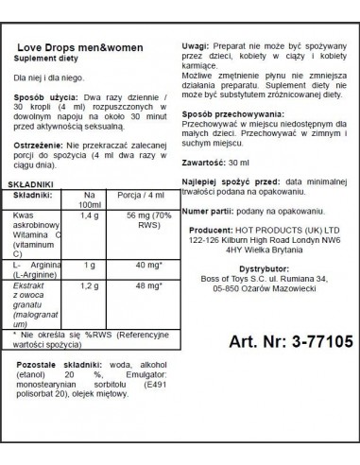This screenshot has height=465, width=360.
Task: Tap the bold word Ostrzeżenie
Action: tap(38, 143)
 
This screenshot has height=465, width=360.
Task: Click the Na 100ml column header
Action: tap(91, 198)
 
